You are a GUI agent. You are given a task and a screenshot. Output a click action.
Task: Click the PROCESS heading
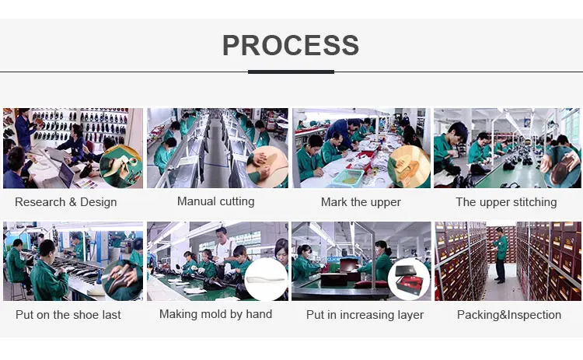click(x=291, y=45)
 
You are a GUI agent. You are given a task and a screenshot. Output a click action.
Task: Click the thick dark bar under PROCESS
click(x=291, y=72)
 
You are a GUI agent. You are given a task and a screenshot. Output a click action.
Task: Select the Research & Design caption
click(x=66, y=202)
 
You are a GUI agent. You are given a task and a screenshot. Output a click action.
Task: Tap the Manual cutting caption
click(x=215, y=201)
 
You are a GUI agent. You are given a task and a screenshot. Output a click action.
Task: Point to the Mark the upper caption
click(x=361, y=202)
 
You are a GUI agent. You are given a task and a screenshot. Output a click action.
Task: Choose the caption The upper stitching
click(x=506, y=202)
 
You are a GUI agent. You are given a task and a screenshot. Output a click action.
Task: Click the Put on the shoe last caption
click(x=68, y=315)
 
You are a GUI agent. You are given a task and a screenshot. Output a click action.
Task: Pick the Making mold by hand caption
click(x=215, y=314)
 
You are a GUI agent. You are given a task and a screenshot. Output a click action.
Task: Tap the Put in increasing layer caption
click(x=365, y=315)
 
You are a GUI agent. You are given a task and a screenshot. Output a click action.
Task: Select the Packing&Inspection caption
click(x=509, y=315)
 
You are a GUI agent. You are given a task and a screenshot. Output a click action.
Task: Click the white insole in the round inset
click(x=267, y=277)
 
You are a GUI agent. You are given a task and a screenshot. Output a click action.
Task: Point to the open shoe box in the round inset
click(x=409, y=279)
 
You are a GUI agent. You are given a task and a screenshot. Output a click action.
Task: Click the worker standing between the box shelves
click(x=500, y=255)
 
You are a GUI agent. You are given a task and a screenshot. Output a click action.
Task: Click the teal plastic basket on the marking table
click(x=347, y=177)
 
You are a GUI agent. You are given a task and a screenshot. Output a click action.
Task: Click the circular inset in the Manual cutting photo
click(x=267, y=166)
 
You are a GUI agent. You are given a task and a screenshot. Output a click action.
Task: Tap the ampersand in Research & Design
click(x=73, y=202)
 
